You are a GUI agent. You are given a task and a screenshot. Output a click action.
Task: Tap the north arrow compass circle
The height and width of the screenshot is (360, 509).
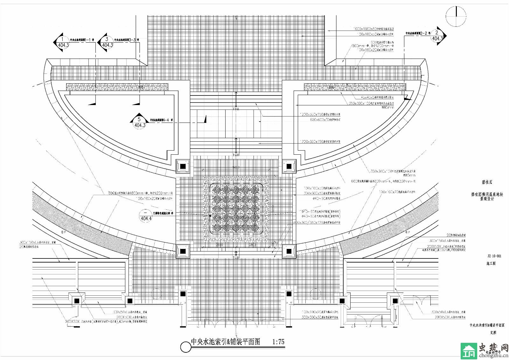coord(456,17)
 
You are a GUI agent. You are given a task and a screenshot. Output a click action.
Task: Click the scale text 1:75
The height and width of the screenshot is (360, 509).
coord(278,342)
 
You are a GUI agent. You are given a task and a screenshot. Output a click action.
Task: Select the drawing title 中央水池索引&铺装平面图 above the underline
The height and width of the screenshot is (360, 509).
coord(225,342)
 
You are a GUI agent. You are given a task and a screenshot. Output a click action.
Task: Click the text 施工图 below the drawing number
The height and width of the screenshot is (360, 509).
coord(491,264)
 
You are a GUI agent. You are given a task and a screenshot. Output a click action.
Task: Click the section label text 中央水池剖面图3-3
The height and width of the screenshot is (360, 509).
coord(127,40)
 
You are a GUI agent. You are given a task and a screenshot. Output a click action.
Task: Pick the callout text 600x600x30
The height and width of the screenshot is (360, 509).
coord(325,120)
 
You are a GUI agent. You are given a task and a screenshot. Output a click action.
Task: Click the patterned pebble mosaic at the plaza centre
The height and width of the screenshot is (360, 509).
coord(236,209)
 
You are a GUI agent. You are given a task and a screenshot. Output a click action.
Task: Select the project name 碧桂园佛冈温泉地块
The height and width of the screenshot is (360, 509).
coord(487,194)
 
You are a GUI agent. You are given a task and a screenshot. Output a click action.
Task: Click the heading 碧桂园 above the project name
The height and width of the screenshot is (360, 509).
coord(487,183)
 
